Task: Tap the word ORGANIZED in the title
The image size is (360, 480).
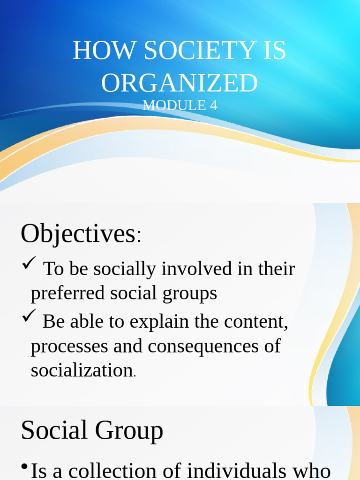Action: pyautogui.click(x=180, y=83)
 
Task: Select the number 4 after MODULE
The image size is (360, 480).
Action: pyautogui.click(x=213, y=105)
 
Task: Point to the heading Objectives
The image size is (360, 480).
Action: pyautogui.click(x=78, y=233)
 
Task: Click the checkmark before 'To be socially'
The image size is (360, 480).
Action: pyautogui.click(x=29, y=265)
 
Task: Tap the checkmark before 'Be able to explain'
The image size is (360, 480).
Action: pyautogui.click(x=29, y=318)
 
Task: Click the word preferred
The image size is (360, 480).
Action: pyautogui.click(x=67, y=293)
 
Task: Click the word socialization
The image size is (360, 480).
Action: pyautogui.click(x=82, y=370)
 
